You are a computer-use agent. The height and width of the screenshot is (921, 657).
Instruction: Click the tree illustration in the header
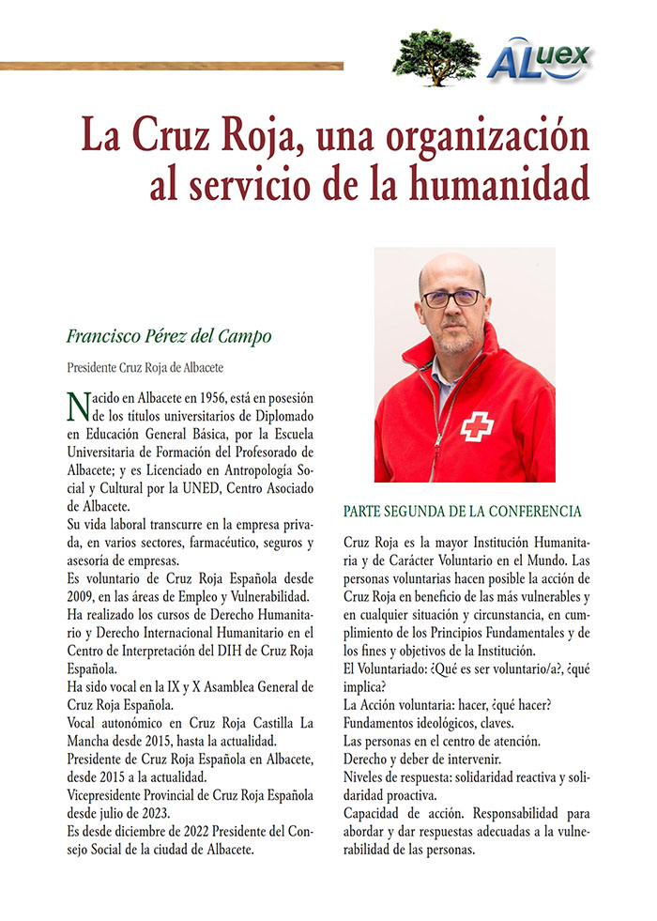[436, 56]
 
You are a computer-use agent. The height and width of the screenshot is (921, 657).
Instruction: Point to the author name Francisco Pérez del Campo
[169, 336]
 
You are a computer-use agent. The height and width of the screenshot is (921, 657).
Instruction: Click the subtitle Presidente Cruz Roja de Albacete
[145, 367]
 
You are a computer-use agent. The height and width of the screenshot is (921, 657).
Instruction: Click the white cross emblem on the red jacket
[477, 426]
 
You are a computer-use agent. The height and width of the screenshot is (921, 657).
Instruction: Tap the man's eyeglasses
[451, 299]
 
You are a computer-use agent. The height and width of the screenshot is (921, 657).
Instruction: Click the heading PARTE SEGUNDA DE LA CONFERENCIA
[463, 512]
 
